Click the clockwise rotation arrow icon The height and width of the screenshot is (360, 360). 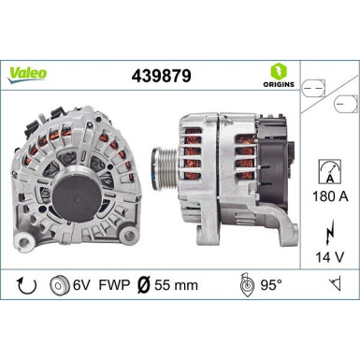(x=25, y=283)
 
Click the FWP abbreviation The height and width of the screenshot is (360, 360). (x=114, y=283)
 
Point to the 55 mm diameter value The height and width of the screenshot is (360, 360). (x=176, y=283)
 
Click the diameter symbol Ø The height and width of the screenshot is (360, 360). (x=145, y=283)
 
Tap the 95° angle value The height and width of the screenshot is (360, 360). (x=272, y=283)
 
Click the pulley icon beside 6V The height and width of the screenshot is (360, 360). (x=58, y=283)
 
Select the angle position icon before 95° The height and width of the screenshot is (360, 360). (x=245, y=283)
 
